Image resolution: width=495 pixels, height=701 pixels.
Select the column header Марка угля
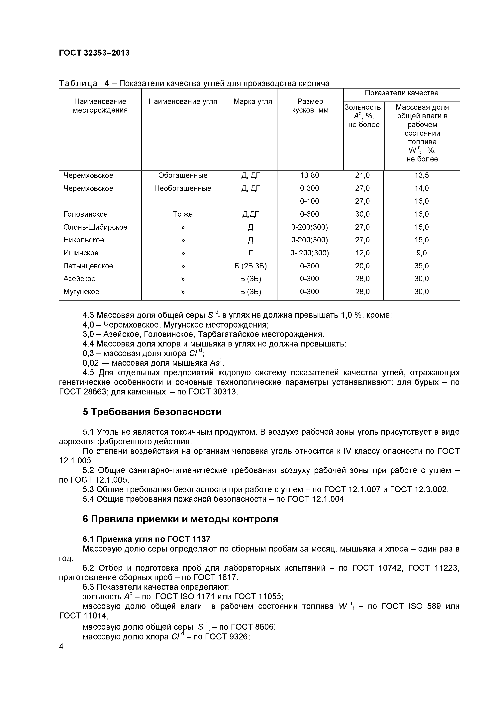(252, 102)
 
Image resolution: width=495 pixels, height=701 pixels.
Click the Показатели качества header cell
(401, 93)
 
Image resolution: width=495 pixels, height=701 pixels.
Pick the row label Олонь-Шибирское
(95, 227)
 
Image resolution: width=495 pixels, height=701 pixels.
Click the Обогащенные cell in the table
(183, 176)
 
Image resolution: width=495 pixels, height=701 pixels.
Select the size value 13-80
(309, 176)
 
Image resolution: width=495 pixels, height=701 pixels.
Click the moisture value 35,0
(421, 266)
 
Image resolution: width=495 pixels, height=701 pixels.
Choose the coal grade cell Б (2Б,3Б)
(250, 266)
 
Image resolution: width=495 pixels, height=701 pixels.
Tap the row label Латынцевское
(88, 266)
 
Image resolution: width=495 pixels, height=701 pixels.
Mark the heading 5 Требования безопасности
(152, 412)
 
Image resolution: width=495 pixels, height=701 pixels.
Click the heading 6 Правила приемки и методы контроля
(180, 519)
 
